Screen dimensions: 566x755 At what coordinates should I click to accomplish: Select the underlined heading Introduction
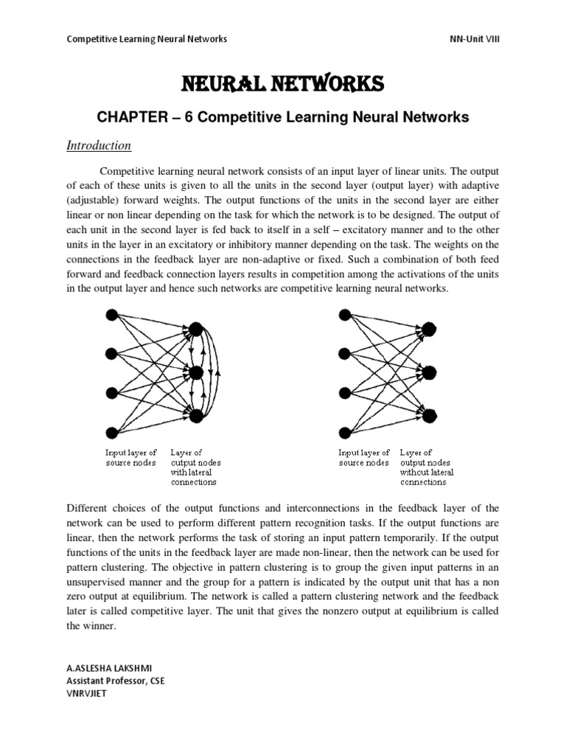pyautogui.click(x=99, y=145)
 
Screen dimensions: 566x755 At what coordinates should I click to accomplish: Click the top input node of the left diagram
pyautogui.click(x=112, y=316)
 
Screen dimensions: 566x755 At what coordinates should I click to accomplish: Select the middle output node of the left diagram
pyautogui.click(x=195, y=372)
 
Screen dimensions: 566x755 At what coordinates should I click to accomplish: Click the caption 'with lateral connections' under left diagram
pyautogui.click(x=194, y=477)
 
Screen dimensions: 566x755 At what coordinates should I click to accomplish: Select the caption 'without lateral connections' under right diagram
pyautogui.click(x=427, y=477)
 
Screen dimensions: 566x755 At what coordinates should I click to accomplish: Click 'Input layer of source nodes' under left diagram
pyautogui.click(x=132, y=457)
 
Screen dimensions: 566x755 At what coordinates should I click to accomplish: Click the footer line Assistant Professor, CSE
pyautogui.click(x=116, y=681)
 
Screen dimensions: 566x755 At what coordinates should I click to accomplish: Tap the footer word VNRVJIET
pyautogui.click(x=87, y=694)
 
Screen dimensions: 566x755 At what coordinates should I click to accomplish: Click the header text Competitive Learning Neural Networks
pyautogui.click(x=147, y=38)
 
